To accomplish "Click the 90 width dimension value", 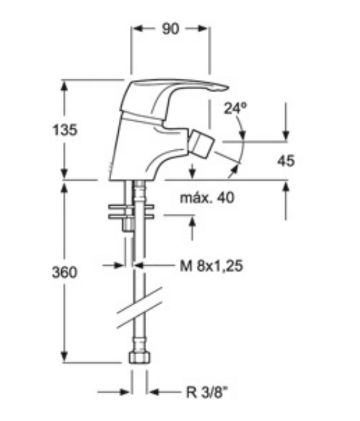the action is (x=170, y=29).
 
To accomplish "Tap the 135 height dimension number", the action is (x=65, y=130).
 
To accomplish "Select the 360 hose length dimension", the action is (x=65, y=272).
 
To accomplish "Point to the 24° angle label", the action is (x=235, y=108).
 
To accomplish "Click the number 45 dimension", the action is (x=286, y=161).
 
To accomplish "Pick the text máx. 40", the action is (x=207, y=198).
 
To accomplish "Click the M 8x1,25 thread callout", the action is (x=212, y=266).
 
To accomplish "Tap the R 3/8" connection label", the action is (x=207, y=393).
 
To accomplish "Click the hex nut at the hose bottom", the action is (x=140, y=357).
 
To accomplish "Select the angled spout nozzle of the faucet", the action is (x=202, y=144).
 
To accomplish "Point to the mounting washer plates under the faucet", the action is (x=131, y=212).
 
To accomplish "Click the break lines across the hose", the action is (x=140, y=308).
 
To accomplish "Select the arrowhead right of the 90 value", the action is (x=202, y=28).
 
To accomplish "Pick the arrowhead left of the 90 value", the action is (x=138, y=28).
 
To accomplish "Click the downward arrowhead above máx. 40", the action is (x=192, y=174).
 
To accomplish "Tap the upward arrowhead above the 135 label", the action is (x=64, y=86).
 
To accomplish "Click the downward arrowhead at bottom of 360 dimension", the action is (x=64, y=357).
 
